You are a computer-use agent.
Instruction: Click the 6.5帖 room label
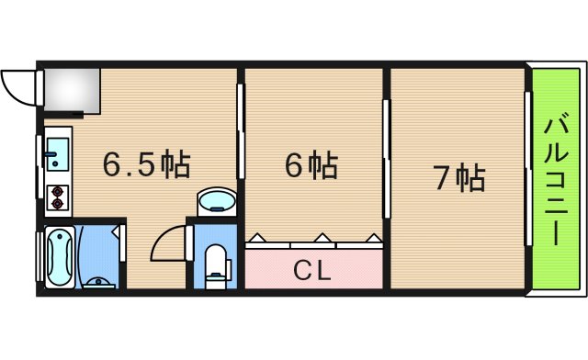(146, 165)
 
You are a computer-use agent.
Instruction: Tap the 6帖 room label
(310, 165)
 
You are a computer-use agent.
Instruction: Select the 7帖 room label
(458, 177)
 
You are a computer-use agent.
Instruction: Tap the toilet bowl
(217, 264)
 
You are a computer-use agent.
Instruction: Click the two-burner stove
(58, 195)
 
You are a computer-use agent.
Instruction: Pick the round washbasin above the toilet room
(217, 200)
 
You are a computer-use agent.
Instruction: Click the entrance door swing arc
(18, 87)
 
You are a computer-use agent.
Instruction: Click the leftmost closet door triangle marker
(259, 237)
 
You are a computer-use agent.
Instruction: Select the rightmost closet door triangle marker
(371, 237)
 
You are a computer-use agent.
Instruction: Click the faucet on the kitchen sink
(48, 154)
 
